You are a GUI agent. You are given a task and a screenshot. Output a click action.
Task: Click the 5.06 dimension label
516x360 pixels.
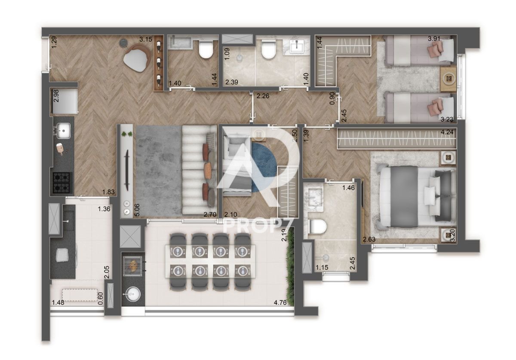click(x=137, y=210)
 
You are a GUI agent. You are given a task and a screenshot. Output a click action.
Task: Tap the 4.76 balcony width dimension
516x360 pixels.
click(x=280, y=302)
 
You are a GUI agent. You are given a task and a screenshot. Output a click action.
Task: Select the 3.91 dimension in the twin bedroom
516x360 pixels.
click(x=434, y=38)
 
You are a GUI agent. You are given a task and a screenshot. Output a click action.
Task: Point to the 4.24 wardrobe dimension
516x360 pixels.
click(x=447, y=132)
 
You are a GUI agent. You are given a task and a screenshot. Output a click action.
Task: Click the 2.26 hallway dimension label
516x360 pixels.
click(x=263, y=96)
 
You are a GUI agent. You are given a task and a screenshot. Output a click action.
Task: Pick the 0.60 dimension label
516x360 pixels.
click(x=101, y=298)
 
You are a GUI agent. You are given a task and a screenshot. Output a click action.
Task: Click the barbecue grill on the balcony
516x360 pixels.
click(x=132, y=266)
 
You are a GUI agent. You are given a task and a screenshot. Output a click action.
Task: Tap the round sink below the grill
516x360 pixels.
click(x=132, y=294)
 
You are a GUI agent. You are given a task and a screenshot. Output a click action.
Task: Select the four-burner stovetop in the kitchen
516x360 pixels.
click(x=61, y=183)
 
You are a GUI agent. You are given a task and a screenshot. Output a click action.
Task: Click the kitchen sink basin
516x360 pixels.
click(x=64, y=131)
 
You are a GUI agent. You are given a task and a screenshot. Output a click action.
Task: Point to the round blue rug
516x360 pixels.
click(x=264, y=168)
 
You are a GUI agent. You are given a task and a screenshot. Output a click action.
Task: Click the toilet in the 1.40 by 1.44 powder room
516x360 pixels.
click(x=206, y=49)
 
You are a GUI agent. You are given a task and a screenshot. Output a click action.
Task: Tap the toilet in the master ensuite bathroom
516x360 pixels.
click(x=318, y=226)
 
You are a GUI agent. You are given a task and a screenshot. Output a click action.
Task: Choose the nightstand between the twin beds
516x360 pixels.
click(x=448, y=79)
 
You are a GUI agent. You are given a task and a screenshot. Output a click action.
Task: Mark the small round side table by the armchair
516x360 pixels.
click(x=124, y=43)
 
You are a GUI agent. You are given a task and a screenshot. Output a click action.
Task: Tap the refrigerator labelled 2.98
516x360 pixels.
click(x=64, y=101)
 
